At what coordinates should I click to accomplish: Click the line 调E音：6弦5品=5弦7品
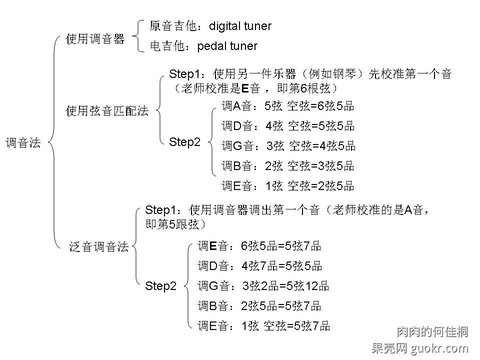[x=260, y=244]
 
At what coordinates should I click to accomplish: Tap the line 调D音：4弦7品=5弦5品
[x=260, y=265]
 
